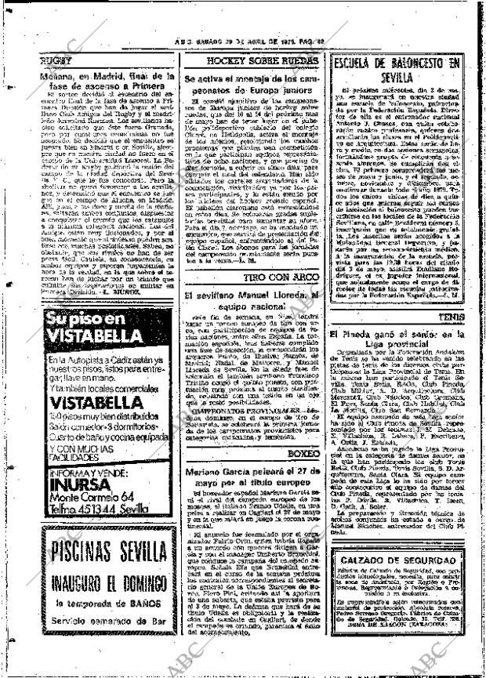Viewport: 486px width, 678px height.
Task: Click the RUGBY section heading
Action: coord(56,59)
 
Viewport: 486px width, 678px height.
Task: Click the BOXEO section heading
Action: coord(304,453)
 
